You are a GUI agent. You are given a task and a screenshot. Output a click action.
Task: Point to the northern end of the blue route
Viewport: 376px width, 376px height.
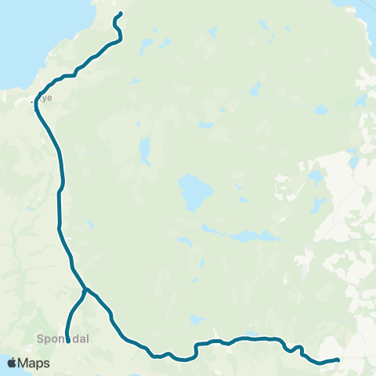click(120, 13)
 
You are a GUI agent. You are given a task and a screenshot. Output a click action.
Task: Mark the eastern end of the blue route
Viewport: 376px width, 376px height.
click(337, 360)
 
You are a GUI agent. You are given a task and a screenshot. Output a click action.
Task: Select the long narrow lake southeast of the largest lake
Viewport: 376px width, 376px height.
click(243, 235)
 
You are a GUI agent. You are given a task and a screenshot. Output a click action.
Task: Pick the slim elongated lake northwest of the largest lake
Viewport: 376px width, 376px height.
click(145, 151)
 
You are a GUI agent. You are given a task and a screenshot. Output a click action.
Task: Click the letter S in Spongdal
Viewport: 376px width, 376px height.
click(40, 340)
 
